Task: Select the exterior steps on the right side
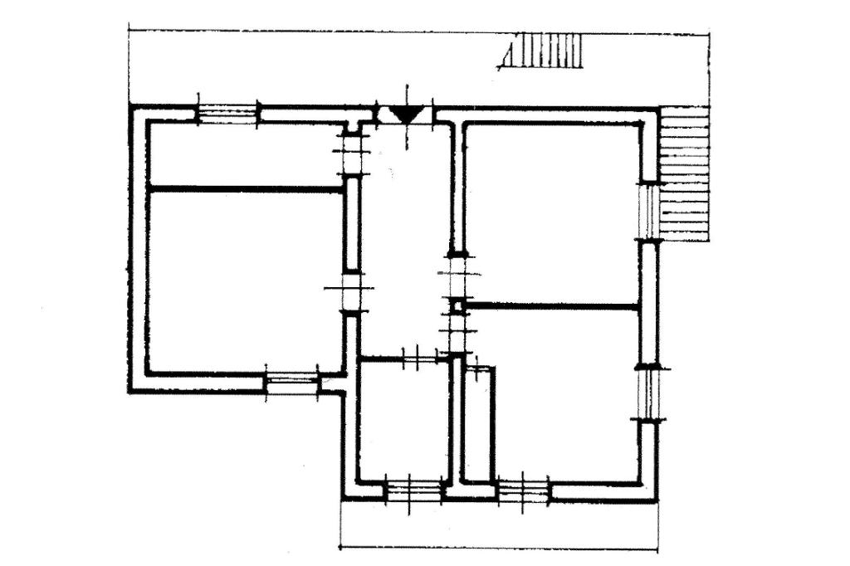pyautogui.click(x=685, y=174)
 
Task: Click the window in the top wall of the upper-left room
pyautogui.click(x=227, y=113)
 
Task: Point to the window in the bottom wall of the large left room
pyautogui.click(x=291, y=383)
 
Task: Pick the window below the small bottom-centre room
pyautogui.click(x=414, y=490)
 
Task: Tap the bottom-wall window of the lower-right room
pyautogui.click(x=523, y=490)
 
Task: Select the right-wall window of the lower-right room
pyautogui.click(x=648, y=393)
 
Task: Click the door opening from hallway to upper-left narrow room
pyautogui.click(x=353, y=154)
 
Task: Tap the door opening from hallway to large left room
pyautogui.click(x=351, y=291)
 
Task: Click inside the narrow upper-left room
pyautogui.click(x=245, y=154)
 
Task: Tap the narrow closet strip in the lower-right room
pyautogui.click(x=478, y=423)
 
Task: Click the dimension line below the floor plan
pyautogui.click(x=499, y=548)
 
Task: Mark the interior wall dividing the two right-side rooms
pyautogui.click(x=552, y=306)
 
